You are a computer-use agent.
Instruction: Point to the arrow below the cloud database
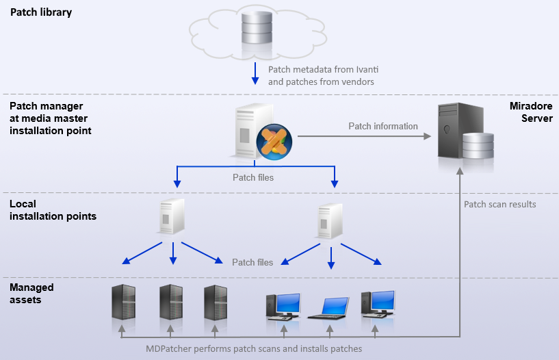click(255, 74)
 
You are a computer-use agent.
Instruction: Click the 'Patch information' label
click(382, 126)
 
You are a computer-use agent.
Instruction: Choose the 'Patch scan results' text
click(499, 204)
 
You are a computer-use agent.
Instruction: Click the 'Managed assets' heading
click(31, 294)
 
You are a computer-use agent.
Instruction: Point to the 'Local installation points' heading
click(53, 210)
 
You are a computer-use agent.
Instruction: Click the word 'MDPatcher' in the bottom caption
click(171, 348)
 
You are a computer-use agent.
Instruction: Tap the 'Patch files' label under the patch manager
click(253, 178)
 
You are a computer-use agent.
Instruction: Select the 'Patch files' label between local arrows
click(252, 262)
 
